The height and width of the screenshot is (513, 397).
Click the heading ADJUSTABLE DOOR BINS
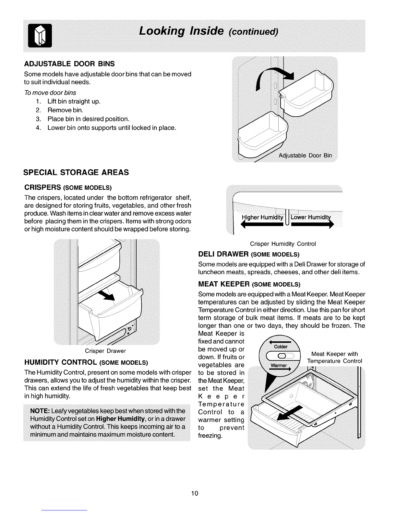69,63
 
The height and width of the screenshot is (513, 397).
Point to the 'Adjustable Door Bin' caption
305,155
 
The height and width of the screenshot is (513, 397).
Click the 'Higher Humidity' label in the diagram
263,217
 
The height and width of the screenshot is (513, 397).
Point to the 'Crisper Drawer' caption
105,351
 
